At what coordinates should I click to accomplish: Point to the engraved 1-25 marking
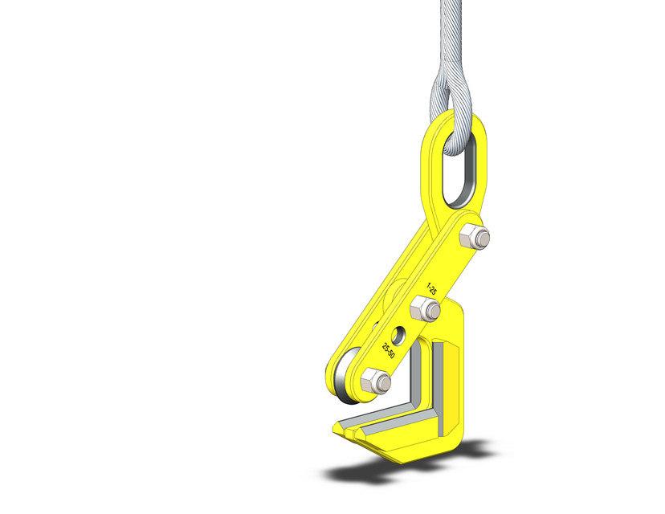coord(432,288)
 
